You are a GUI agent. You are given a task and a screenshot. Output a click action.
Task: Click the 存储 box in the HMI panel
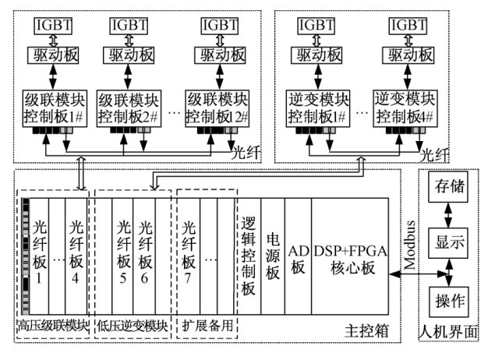tap(448, 186)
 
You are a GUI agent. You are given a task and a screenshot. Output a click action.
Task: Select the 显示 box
tap(448, 243)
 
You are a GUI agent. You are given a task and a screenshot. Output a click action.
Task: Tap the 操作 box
tap(448, 302)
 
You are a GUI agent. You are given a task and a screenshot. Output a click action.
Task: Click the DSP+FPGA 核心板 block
tap(350, 256)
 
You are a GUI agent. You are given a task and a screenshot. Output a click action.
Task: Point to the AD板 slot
tap(298, 256)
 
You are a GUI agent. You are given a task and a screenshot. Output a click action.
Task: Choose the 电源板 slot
tap(273, 256)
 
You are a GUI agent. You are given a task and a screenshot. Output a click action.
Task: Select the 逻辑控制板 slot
tap(249, 256)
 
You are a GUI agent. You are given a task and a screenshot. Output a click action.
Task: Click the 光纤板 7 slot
tap(188, 256)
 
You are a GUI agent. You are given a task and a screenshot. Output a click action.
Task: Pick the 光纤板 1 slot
tap(39, 256)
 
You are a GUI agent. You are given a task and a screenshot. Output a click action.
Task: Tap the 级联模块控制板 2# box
tap(129, 109)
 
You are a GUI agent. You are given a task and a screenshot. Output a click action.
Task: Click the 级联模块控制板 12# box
tap(217, 109)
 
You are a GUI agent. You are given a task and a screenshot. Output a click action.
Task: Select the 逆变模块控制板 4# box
tap(405, 109)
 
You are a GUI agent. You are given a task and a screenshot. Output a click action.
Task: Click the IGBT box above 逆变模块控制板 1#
tap(316, 26)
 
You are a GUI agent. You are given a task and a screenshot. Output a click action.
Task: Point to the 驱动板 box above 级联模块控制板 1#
tap(53, 55)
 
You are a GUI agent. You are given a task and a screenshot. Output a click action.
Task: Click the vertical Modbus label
tap(410, 245)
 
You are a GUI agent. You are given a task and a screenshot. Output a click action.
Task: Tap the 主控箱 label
tap(367, 331)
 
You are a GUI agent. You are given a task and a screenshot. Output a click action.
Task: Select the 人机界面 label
tap(448, 332)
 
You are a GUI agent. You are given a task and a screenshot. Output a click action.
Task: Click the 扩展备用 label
tap(207, 326)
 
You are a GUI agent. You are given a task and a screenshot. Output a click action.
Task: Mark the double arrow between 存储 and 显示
tap(448, 215)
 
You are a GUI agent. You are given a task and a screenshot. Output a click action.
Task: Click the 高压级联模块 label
tap(53, 326)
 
